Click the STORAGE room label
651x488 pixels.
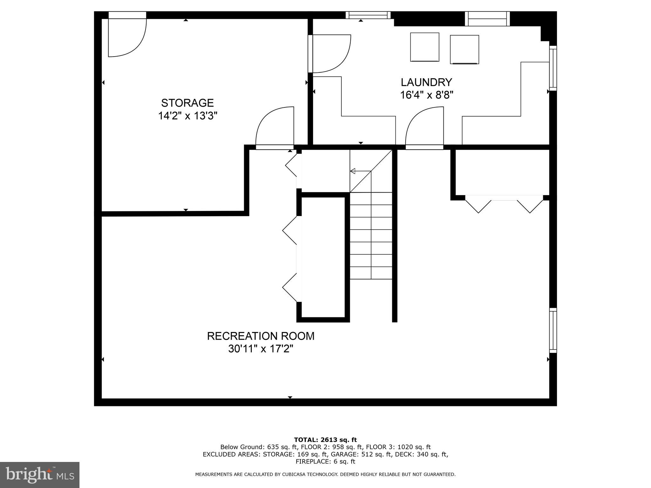(187, 103)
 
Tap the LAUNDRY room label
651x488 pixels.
(426, 82)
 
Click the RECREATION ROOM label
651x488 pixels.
(261, 336)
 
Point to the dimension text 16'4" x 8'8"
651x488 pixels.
(426, 95)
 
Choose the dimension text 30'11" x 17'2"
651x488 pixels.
(261, 349)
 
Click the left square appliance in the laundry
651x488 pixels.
(425, 47)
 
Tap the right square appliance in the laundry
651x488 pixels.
(464, 50)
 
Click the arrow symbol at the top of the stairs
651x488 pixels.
(353, 171)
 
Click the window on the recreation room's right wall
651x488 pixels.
(553, 330)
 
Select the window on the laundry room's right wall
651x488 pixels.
(553, 68)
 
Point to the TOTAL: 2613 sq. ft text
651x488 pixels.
(325, 440)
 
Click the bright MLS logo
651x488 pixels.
(40, 475)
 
